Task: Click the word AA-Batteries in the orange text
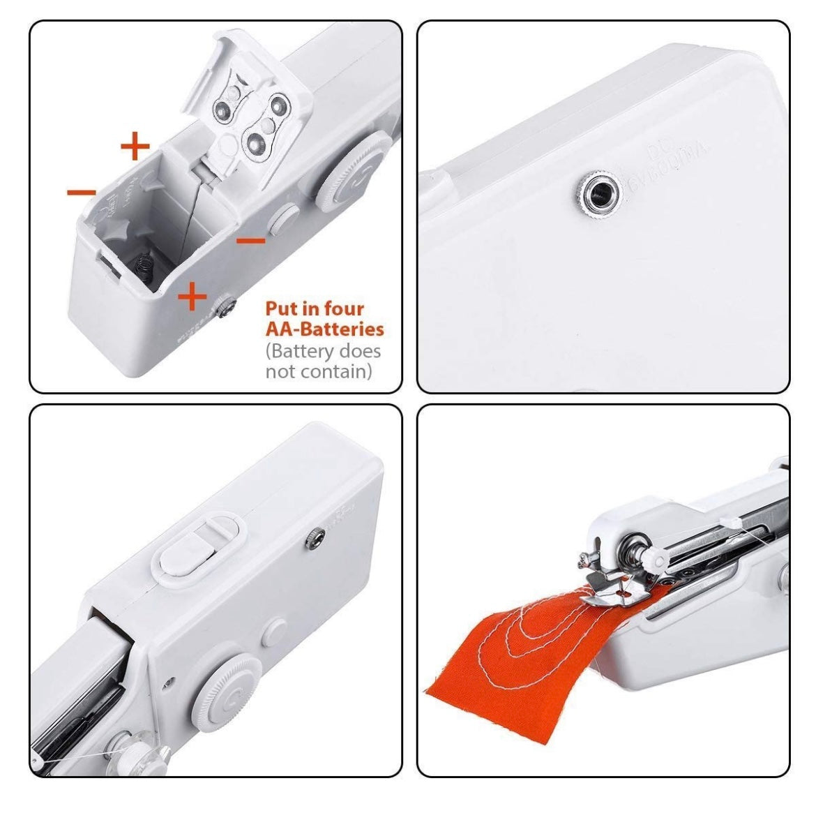click(x=324, y=328)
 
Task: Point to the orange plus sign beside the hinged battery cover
click(x=135, y=147)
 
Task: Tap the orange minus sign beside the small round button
click(x=251, y=241)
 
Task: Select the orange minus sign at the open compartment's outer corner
click(x=82, y=191)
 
